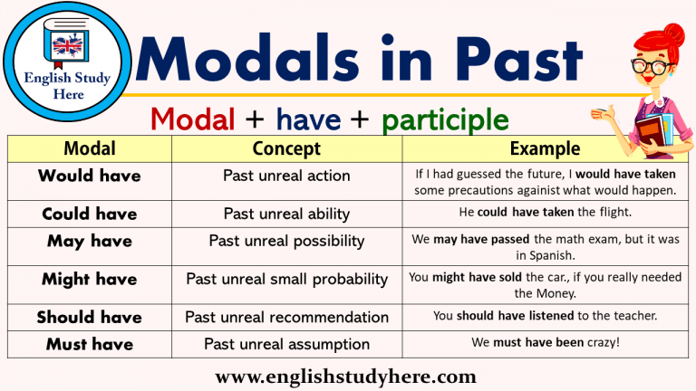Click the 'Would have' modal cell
90,176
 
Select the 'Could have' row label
90,215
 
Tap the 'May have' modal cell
90,241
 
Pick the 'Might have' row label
90,280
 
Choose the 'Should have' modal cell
90,318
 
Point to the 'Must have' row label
90,344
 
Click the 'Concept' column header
286,148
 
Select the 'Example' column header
545,148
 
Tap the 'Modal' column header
90,148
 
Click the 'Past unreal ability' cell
286,215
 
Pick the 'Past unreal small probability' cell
286,280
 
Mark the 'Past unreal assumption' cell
286,344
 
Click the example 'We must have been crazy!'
545,344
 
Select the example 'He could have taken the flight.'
545,213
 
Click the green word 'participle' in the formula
445,119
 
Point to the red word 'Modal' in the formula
193,119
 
